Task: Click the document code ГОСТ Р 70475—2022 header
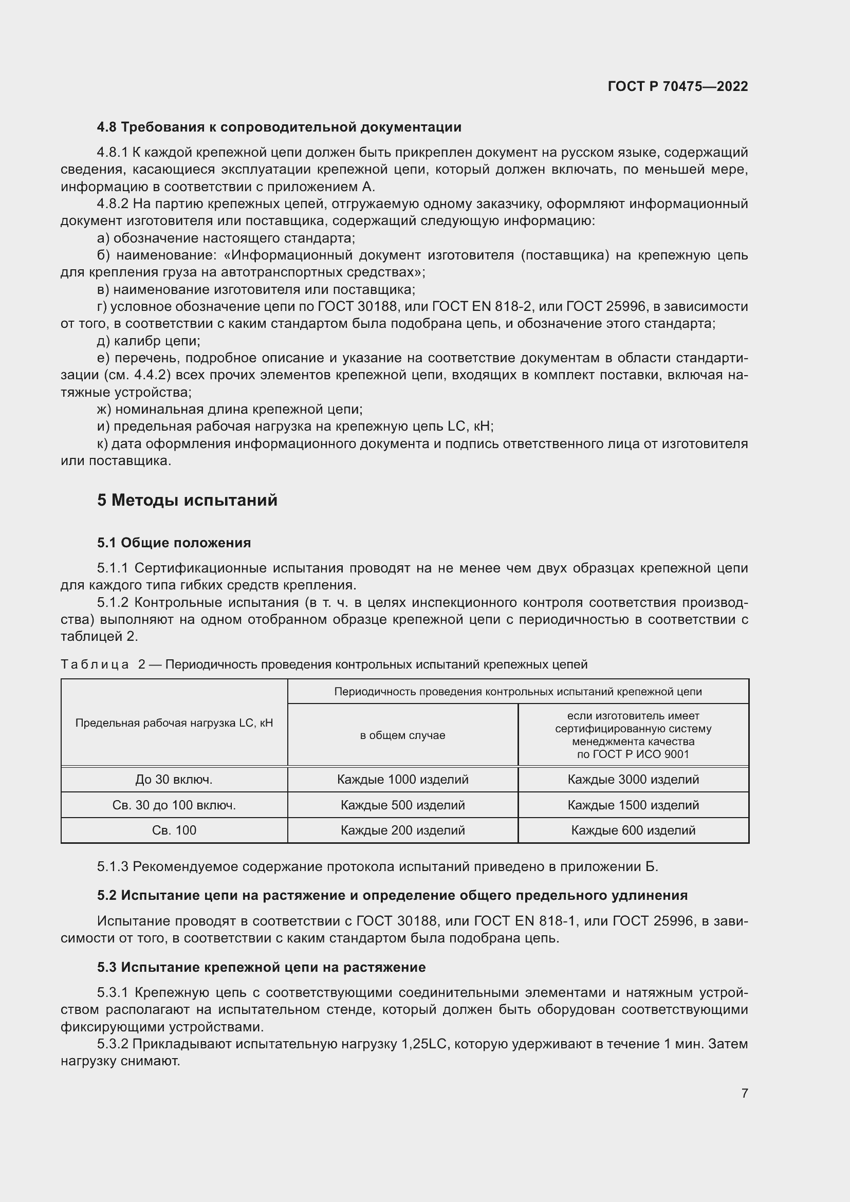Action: (x=678, y=86)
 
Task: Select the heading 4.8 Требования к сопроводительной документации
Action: (x=279, y=127)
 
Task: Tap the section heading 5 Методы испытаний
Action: (x=187, y=501)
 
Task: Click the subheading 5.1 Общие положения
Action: (x=174, y=543)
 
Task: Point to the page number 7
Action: (x=744, y=1093)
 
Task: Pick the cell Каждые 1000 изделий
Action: (x=402, y=780)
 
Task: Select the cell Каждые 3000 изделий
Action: (x=633, y=780)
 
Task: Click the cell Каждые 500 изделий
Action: (x=402, y=805)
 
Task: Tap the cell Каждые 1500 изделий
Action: (x=633, y=805)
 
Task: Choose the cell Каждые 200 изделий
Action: (x=402, y=830)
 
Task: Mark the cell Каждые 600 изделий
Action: (x=633, y=830)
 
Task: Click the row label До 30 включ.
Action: (x=174, y=780)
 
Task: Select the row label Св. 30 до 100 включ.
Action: (x=174, y=805)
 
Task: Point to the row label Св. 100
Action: (x=174, y=830)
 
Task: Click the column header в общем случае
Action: (x=402, y=735)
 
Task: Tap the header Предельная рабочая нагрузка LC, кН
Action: (x=174, y=723)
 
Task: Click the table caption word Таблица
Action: (x=95, y=665)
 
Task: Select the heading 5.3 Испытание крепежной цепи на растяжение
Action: (x=261, y=968)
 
